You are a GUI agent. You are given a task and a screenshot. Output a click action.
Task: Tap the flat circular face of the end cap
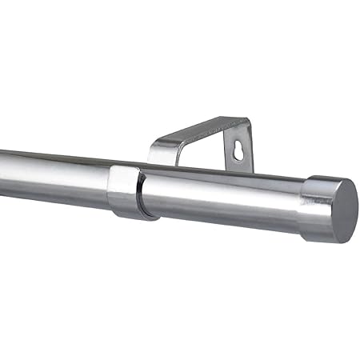click(342, 210)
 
